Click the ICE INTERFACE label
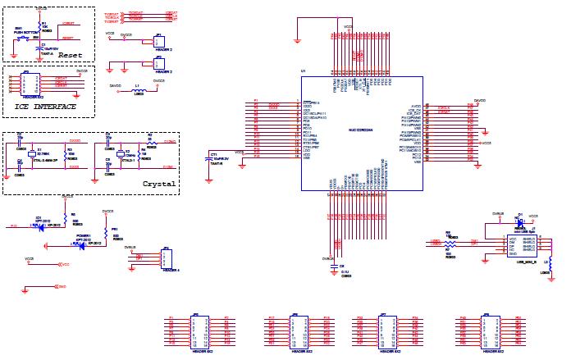pos(46,107)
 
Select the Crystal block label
pos(159,184)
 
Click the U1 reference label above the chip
pos(303,72)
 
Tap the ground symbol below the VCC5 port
pos(25,287)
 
